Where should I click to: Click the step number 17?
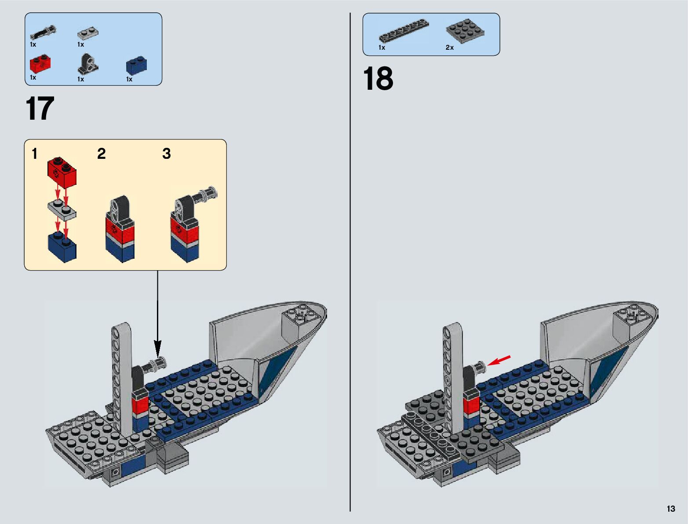coord(40,109)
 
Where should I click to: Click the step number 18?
coord(378,79)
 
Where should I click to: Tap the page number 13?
coord(670,509)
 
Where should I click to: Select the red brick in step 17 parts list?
coord(39,64)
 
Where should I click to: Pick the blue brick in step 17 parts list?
coord(136,65)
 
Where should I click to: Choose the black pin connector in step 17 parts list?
coord(87,64)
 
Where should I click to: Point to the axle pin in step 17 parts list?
coord(43,33)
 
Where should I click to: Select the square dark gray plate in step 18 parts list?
coord(465,31)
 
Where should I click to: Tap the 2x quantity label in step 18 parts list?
coord(449,48)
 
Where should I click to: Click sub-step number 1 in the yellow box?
coord(35,154)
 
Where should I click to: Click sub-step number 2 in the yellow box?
coord(101,154)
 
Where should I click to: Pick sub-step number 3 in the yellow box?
coord(166,154)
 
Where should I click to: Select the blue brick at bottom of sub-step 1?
coord(62,247)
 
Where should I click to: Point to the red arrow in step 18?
coord(499,360)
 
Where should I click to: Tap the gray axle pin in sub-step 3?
coord(208,194)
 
